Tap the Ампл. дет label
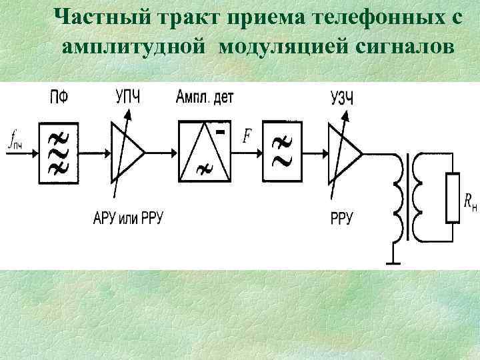(x=205, y=97)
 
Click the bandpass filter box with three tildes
(x=59, y=153)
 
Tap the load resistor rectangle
(x=452, y=197)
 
